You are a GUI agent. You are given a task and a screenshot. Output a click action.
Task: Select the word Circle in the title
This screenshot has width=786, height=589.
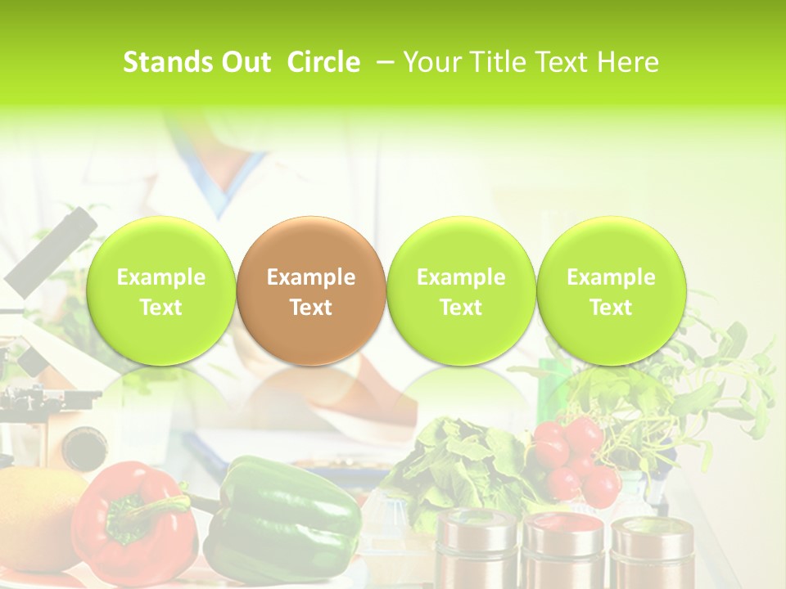(323, 62)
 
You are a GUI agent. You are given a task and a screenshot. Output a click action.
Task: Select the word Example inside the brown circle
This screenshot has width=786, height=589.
(311, 277)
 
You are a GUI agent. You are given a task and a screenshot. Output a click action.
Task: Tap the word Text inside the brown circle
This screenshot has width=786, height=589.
(311, 308)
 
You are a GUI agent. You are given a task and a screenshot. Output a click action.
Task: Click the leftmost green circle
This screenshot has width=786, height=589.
(161, 290)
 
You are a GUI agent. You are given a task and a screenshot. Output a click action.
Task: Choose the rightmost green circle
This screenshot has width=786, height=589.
(611, 290)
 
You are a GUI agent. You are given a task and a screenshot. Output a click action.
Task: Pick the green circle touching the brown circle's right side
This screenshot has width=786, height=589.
(461, 290)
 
